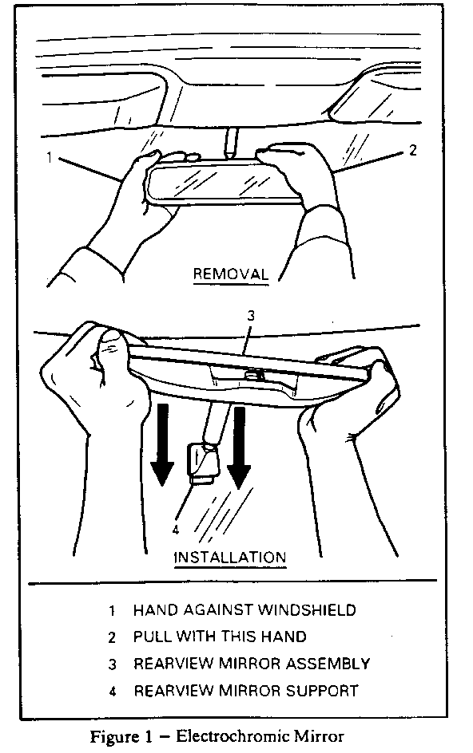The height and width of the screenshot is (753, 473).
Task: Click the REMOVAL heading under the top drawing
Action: click(230, 274)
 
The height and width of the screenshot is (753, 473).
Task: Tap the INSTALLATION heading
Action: click(229, 558)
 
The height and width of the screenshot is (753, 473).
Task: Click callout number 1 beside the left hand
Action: click(49, 157)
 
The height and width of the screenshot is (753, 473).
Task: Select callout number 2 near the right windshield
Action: click(412, 150)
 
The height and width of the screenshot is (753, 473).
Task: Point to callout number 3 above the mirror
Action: click(251, 316)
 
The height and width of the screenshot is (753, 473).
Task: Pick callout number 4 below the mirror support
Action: click(176, 530)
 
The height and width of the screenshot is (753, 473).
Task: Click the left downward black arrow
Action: click(161, 444)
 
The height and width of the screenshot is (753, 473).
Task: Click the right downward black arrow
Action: click(239, 448)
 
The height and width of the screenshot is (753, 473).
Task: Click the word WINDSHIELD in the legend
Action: click(307, 610)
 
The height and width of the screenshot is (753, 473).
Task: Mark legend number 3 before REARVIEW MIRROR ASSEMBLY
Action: click(112, 664)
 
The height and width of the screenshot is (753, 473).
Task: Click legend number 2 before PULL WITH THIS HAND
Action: click(112, 637)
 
